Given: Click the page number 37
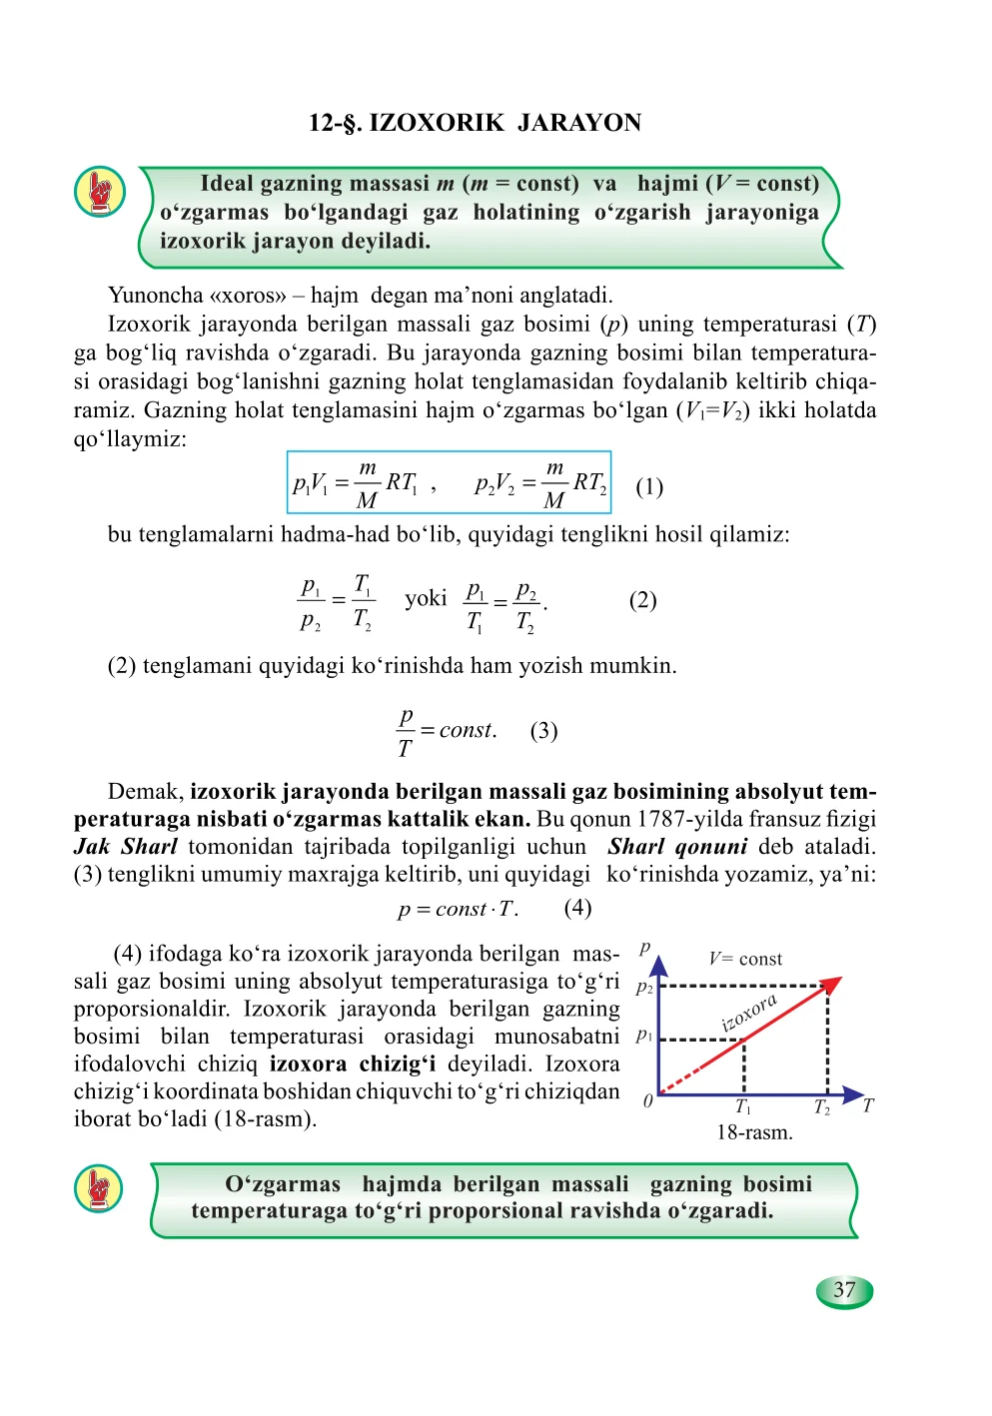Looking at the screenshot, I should (x=844, y=1290).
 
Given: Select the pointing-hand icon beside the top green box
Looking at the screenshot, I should (x=100, y=192).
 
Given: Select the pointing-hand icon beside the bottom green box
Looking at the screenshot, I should (x=99, y=1188).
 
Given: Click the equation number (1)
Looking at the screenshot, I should (x=649, y=486).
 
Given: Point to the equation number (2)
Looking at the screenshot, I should (x=642, y=600).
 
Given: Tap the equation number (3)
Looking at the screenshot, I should (x=543, y=731).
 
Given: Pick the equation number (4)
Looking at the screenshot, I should (x=577, y=908).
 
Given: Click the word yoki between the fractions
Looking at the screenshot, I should (x=426, y=599).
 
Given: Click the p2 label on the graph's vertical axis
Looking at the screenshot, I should (x=644, y=987).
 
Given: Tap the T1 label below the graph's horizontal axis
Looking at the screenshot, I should (x=743, y=1107).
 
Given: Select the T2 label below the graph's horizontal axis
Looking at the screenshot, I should (x=822, y=1107).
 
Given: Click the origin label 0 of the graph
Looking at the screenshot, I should (x=648, y=1100).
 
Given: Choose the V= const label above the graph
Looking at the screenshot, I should (x=745, y=959).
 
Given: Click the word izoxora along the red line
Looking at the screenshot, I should (x=749, y=1012).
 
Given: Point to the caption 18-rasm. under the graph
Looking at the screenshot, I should (x=754, y=1132).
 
